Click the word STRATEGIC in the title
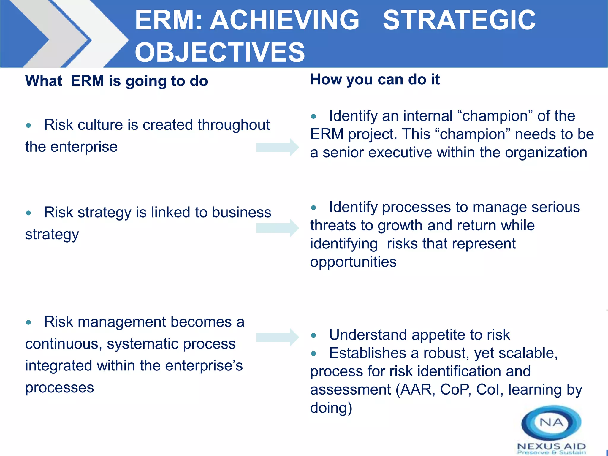(459, 20)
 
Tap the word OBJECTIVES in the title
(220, 52)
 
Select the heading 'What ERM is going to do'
(116, 81)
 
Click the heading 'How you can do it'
(375, 79)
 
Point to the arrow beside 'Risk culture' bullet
(277, 147)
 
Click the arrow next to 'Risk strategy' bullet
(277, 228)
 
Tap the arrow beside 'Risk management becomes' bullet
(277, 337)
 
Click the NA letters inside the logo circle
(551, 422)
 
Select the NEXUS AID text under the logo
(551, 446)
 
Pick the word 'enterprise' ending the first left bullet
(84, 147)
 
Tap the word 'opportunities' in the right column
(353, 262)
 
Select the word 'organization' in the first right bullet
(546, 153)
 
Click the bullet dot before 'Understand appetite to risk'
(313, 336)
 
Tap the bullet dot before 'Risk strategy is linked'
(28, 213)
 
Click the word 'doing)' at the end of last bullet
(331, 408)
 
